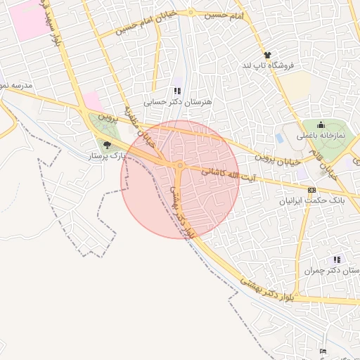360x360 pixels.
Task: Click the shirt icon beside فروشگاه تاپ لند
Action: [x=267, y=55]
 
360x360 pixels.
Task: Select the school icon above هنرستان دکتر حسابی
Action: [x=177, y=91]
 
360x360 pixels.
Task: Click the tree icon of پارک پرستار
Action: [x=107, y=146]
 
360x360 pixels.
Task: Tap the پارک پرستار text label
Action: [x=105, y=156]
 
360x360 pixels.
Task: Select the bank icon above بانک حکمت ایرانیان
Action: [x=311, y=189]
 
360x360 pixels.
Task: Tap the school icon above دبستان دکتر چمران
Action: [x=337, y=259]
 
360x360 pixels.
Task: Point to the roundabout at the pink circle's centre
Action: [x=181, y=166]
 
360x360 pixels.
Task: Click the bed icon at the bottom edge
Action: [x=323, y=351]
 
